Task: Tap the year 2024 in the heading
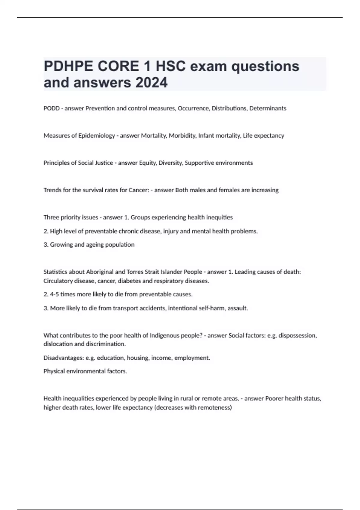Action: click(151, 82)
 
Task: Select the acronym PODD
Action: click(51, 108)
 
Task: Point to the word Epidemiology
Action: click(97, 136)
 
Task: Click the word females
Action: click(228, 190)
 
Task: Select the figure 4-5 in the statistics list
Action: click(54, 294)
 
